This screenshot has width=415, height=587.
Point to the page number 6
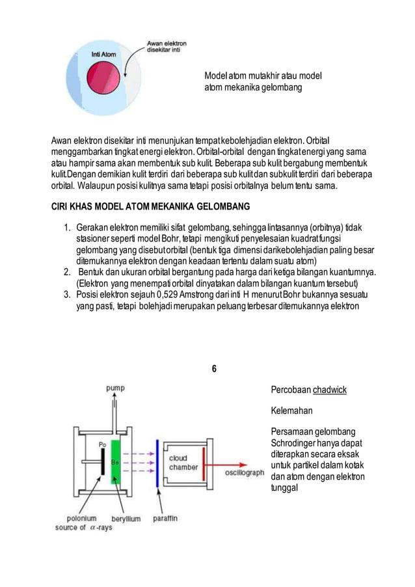(215, 370)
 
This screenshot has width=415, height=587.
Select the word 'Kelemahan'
(291, 411)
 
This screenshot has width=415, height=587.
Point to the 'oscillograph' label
(245, 472)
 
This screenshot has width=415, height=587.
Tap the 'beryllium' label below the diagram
(125, 518)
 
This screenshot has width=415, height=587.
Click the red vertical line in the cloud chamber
(204, 464)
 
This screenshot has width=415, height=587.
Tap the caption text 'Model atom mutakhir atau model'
(263, 75)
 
